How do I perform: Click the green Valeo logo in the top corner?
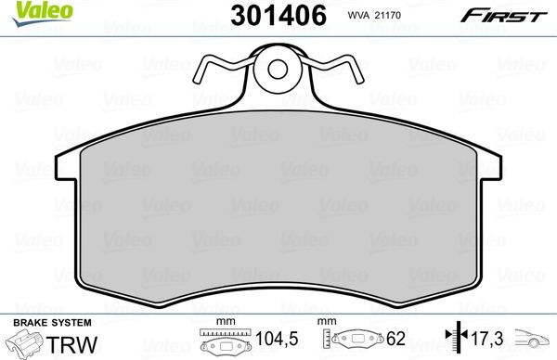pos(31,10)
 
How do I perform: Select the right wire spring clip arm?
pos(334,71)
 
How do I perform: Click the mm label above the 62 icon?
pos(326,321)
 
